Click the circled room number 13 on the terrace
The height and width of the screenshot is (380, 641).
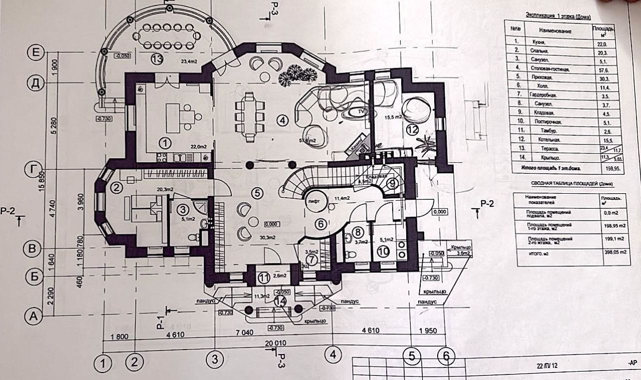tap(157, 59)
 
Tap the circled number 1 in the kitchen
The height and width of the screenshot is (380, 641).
tap(165, 142)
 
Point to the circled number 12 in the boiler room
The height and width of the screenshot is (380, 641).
tap(412, 129)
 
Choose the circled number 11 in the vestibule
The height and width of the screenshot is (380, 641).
tap(263, 276)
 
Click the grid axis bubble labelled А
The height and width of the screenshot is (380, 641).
tap(34, 316)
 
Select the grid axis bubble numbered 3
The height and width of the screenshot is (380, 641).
tap(214, 358)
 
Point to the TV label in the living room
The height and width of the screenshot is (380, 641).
tap(360, 112)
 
